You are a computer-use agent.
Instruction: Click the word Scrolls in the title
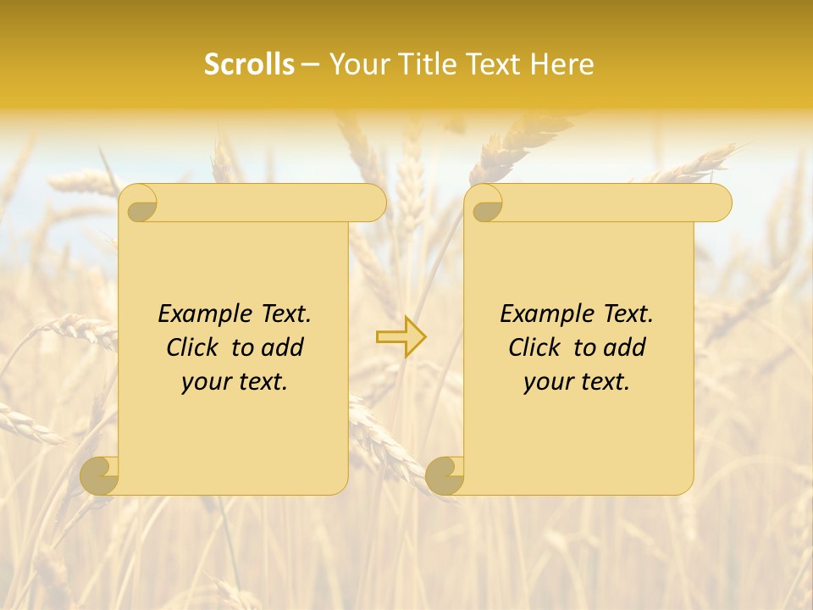point(249,64)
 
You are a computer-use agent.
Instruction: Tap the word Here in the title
point(563,64)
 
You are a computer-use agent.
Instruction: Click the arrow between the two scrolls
point(401,336)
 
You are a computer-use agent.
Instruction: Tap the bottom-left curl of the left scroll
point(100,476)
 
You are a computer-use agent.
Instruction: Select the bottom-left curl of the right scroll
point(445,476)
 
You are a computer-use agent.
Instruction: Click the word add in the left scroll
point(284,348)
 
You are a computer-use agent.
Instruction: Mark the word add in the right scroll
point(626,348)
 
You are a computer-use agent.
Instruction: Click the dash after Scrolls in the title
point(310,65)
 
